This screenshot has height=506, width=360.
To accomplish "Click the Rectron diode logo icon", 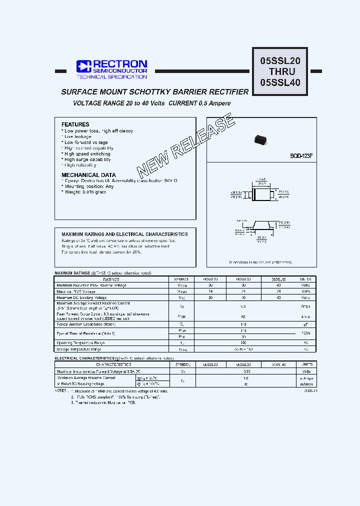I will (82, 66).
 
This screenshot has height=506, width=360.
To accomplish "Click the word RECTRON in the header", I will (119, 64).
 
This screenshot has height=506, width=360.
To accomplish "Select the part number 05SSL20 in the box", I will (280, 61).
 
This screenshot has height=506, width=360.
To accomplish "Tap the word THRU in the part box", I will (280, 72).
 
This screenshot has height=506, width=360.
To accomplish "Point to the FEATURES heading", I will (75, 124).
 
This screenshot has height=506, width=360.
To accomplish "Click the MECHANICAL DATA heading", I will (88, 175).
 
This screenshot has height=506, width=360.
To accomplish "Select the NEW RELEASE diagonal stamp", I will (184, 146).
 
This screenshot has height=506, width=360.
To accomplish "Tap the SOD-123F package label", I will (301, 156).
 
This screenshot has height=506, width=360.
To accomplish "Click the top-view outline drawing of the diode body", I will (261, 194).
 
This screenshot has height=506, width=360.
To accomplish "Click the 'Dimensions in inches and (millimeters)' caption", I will (260, 261).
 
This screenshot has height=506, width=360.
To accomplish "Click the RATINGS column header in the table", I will (112, 279).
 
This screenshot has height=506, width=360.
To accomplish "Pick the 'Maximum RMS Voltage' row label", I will (76, 291).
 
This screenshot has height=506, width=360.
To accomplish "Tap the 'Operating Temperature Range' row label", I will (80, 343).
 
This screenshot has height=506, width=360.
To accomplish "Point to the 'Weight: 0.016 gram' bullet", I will (85, 192).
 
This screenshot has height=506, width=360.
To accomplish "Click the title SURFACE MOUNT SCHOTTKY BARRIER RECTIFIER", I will (154, 92).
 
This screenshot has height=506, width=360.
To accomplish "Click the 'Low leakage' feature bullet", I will (78, 136).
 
